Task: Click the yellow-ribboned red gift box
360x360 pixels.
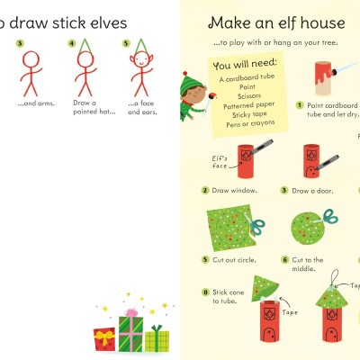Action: (104, 338)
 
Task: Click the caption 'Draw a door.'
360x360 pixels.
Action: (313, 191)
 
